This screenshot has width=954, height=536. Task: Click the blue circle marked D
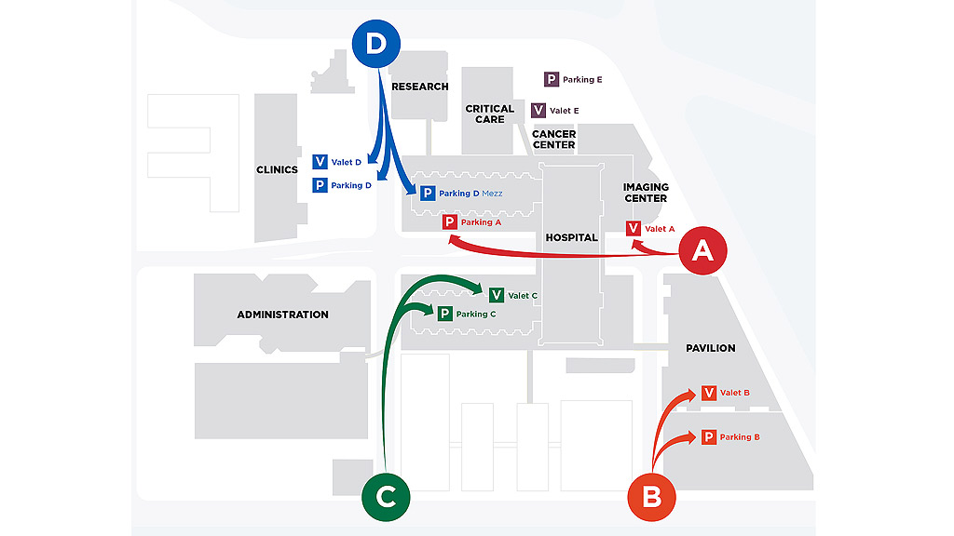pos(376,45)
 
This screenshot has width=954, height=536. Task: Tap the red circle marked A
pos(702,249)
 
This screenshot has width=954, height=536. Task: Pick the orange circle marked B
pos(652,496)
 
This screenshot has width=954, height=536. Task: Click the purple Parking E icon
pos(552,80)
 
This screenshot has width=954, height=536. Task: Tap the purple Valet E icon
pos(538,111)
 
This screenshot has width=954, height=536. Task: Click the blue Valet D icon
pos(320,163)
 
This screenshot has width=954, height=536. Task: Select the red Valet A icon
pos(634,229)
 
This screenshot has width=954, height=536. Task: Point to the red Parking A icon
pos(450,222)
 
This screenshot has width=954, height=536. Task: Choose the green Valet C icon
pos(497,296)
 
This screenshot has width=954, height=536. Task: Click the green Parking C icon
pos(444,315)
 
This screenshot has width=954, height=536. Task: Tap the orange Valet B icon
pos(709,393)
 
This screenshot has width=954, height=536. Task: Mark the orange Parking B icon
pos(708,437)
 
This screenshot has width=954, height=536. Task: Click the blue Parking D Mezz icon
pos(428,194)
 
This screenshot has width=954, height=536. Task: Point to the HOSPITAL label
pos(571,237)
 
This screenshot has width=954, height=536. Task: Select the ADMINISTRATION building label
pos(282,315)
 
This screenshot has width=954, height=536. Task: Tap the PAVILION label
pos(710,348)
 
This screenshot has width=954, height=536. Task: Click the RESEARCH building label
pos(420,87)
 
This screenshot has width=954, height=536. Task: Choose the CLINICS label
pos(277,169)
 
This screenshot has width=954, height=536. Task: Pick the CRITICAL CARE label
pos(490,114)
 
